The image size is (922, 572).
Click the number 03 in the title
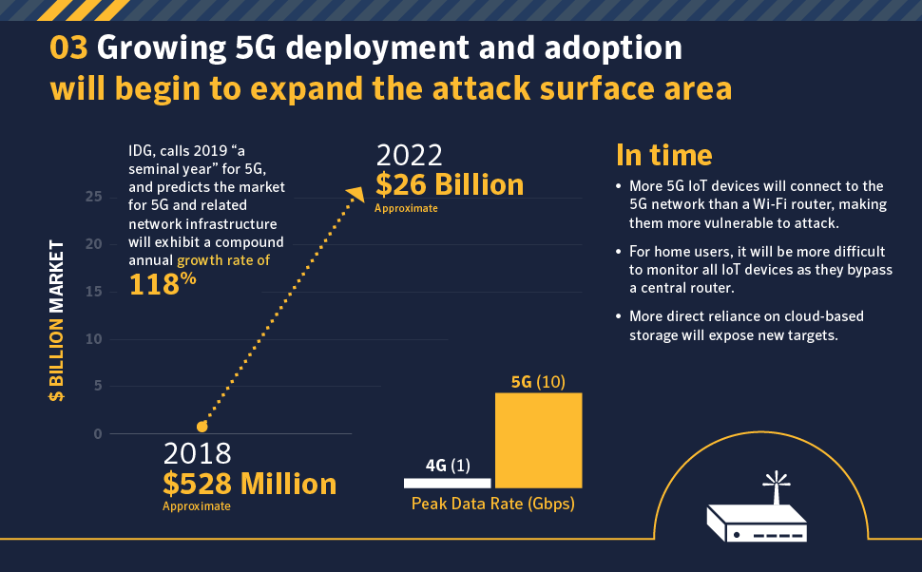point(68,48)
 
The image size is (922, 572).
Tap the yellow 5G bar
point(539,440)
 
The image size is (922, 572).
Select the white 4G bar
point(447,484)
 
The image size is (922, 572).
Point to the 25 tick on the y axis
point(94,197)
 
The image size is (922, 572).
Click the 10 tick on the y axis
point(94,339)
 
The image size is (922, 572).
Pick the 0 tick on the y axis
point(98,434)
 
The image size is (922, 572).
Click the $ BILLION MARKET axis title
point(56,321)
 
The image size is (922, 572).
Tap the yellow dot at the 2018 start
point(202,427)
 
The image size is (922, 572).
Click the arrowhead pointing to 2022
point(355,194)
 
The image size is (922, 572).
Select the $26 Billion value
point(450,184)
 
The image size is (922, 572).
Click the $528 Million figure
point(249,484)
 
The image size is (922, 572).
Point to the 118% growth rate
point(163,284)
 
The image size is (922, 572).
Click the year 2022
point(410,156)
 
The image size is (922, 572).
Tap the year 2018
point(197,454)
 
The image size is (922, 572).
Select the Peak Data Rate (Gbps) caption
point(492,504)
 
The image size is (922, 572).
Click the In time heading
point(663,155)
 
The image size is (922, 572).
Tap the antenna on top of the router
point(777,487)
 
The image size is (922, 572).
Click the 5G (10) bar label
point(538,382)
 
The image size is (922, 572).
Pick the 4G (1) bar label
point(448,466)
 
